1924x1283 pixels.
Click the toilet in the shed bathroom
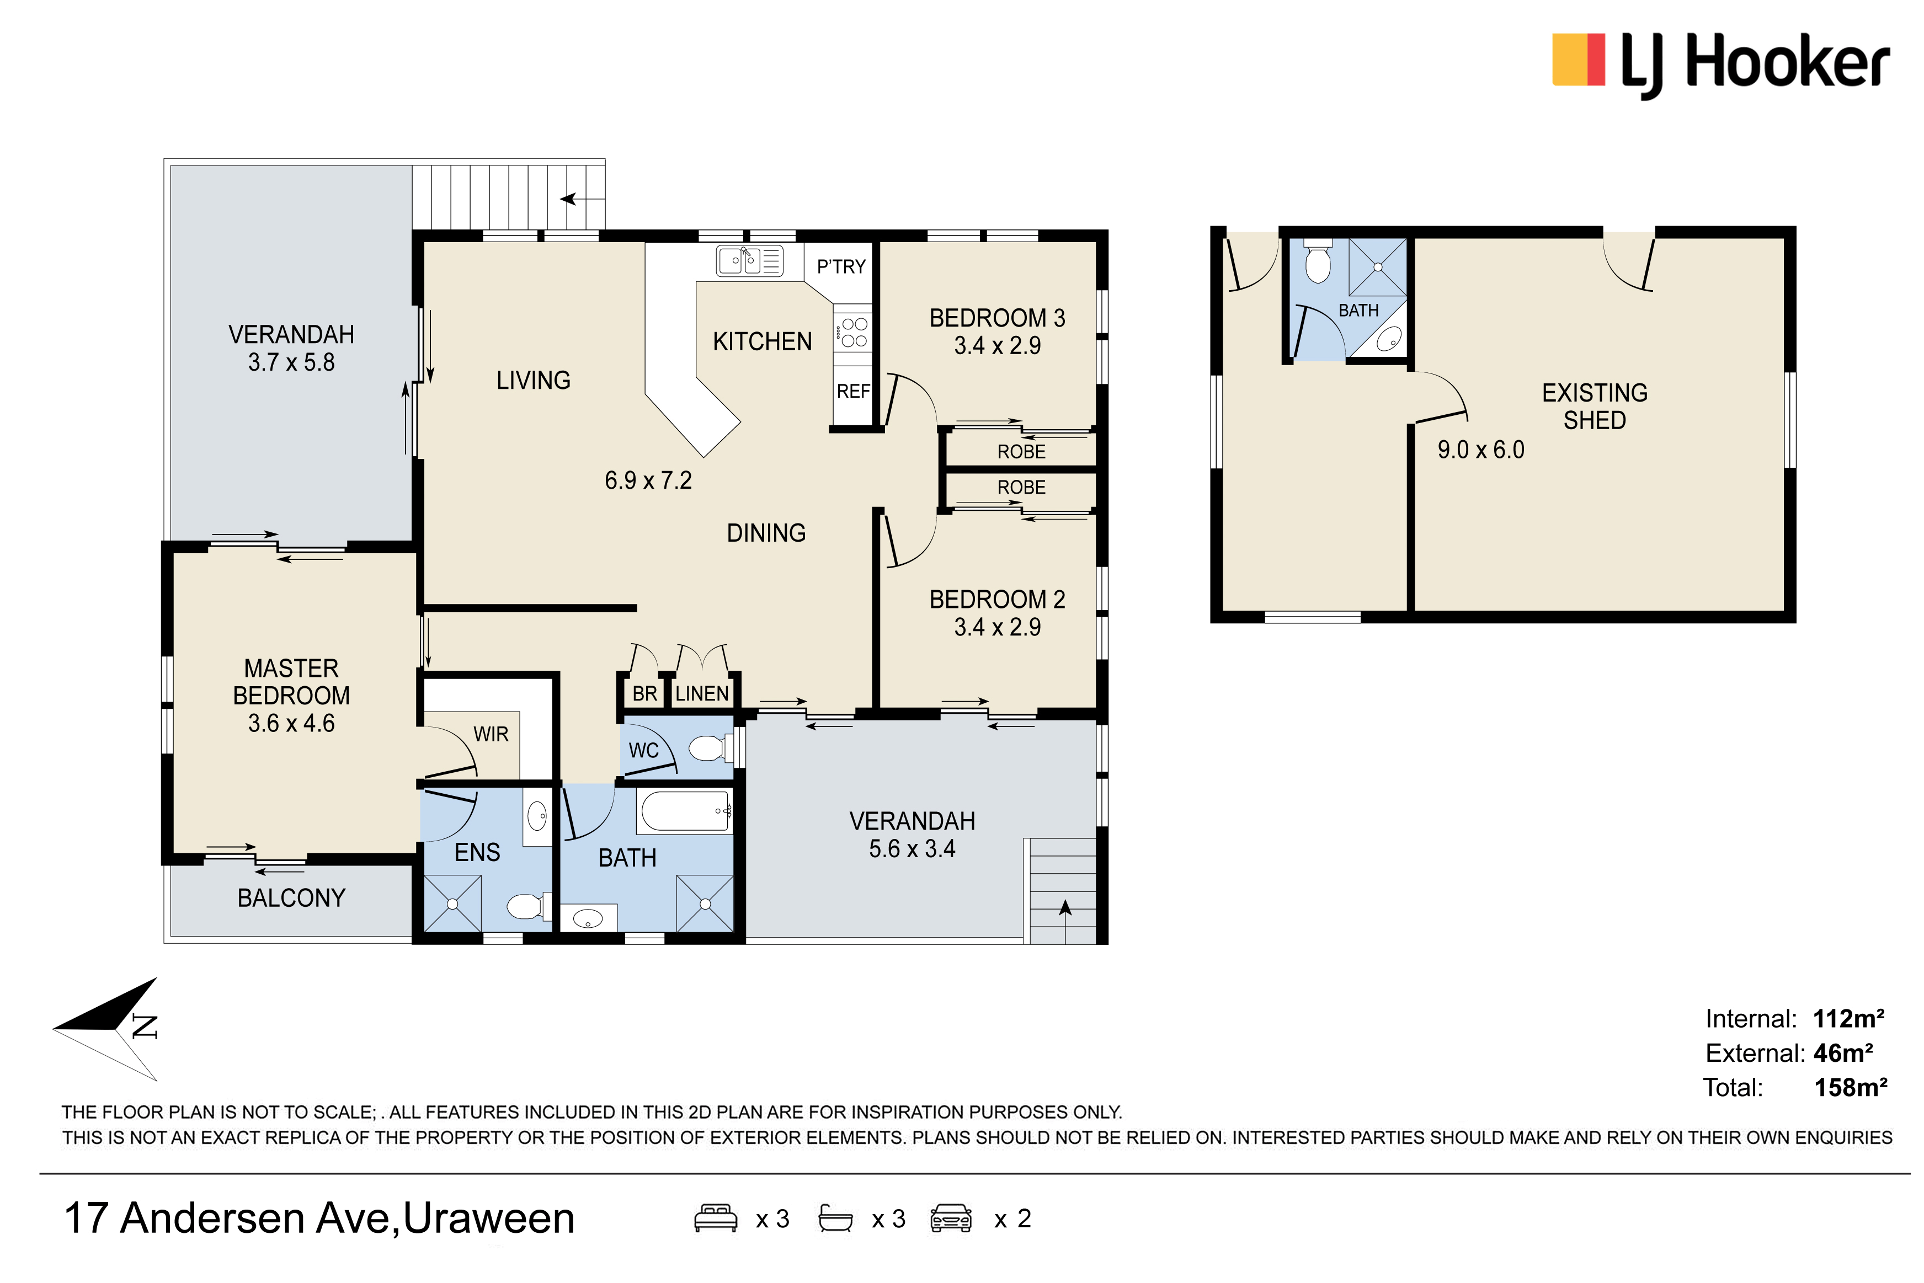[1318, 261]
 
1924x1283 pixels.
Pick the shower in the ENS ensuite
[452, 904]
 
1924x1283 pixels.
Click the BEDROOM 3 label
[997, 318]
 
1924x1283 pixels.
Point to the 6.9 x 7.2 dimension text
[648, 480]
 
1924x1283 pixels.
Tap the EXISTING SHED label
[1594, 407]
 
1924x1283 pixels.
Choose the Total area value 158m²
[1851, 1087]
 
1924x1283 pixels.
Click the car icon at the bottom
[950, 1218]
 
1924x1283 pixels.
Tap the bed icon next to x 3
[715, 1218]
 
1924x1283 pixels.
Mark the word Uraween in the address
[488, 1218]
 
